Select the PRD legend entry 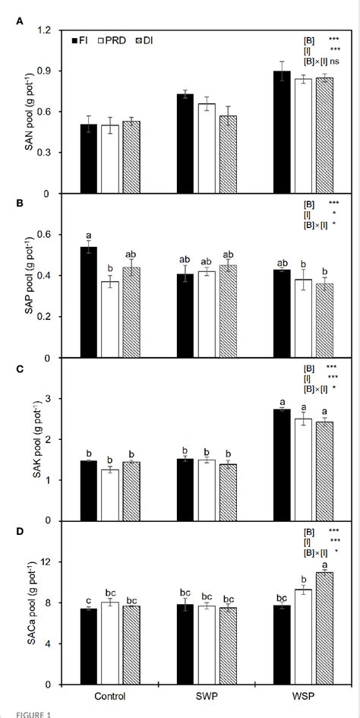pos(110,40)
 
